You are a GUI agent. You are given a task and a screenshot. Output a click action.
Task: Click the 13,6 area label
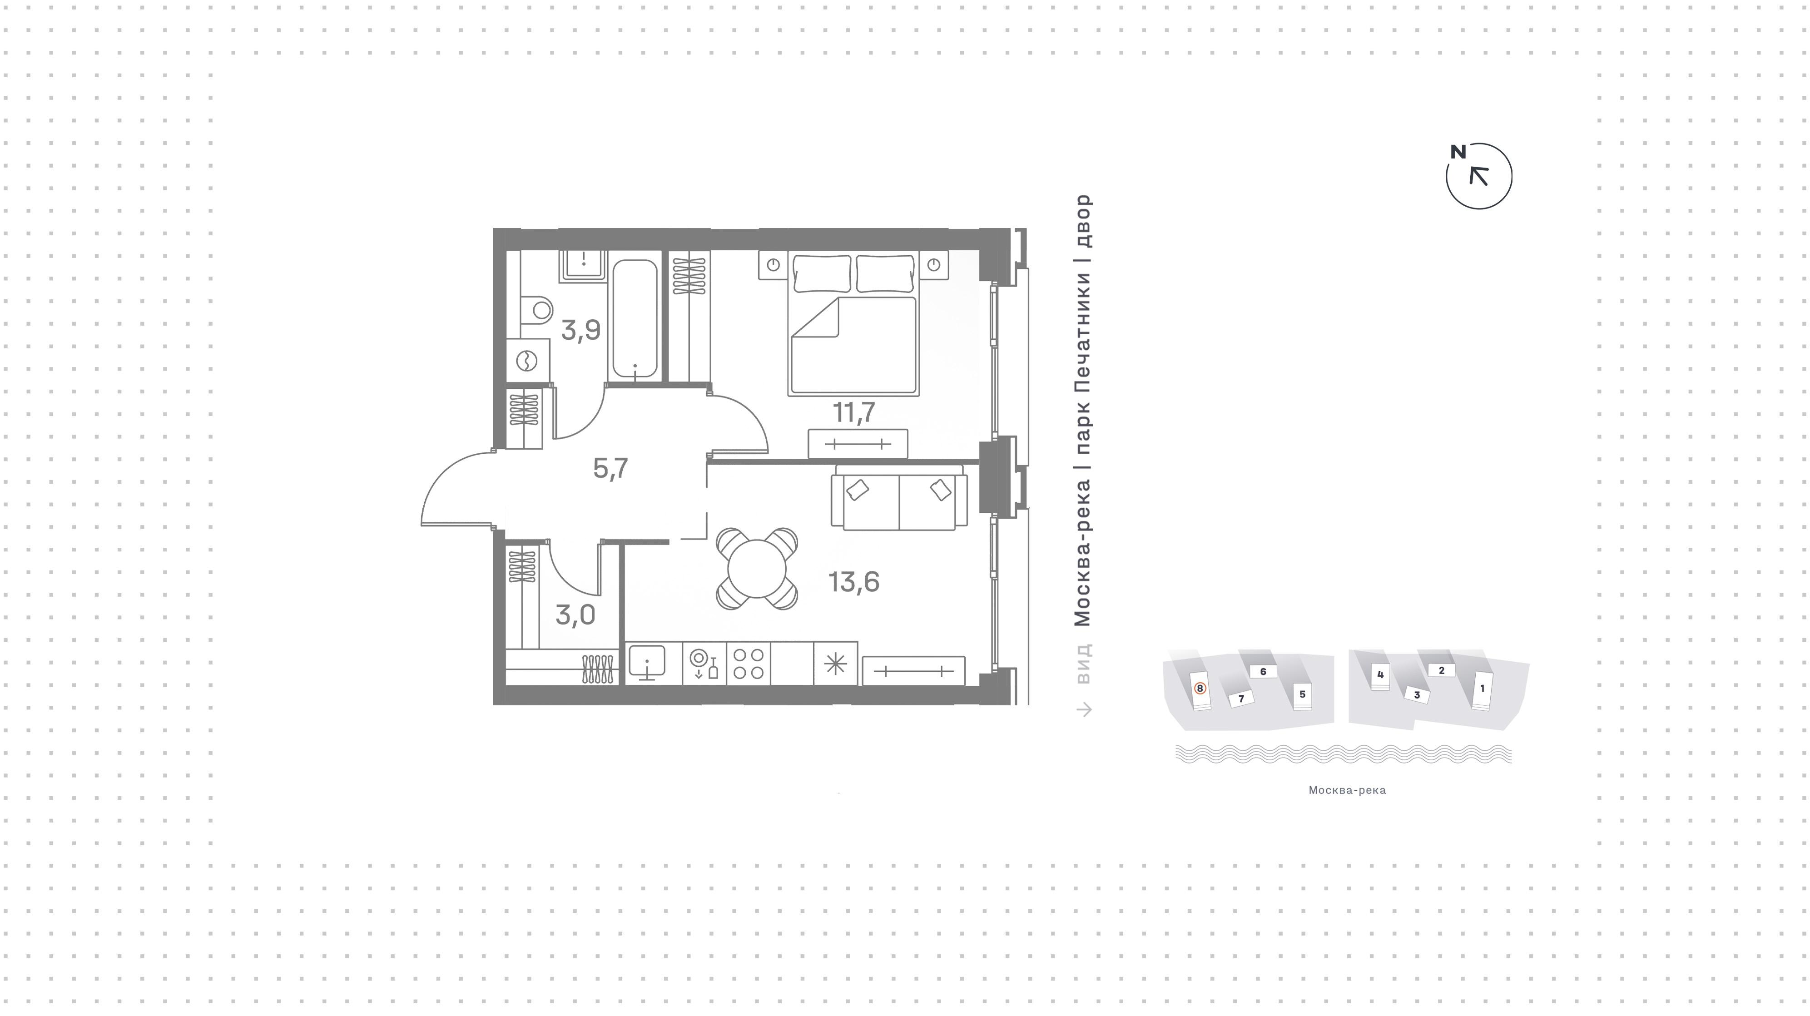pos(854,582)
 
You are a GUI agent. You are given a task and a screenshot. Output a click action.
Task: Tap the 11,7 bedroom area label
pos(854,412)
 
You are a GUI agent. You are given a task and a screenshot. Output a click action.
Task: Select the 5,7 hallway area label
pos(610,468)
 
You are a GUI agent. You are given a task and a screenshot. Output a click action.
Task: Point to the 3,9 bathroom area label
pos(580,330)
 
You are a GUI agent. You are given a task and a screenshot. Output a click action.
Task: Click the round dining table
pos(757,569)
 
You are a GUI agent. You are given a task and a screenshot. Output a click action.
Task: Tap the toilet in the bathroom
pos(536,309)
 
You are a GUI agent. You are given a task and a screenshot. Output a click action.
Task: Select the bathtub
pos(635,319)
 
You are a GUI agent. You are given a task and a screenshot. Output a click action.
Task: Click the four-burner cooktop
pos(749,663)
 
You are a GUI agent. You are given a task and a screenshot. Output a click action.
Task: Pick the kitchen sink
pos(646,663)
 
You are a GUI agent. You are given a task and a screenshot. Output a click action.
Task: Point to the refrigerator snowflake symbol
pos(835,663)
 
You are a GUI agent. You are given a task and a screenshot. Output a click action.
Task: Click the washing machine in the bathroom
pos(527,361)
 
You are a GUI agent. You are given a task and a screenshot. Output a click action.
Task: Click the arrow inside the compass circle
pos(1479,176)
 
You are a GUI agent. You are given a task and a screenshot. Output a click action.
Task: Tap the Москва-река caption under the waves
pos(1347,790)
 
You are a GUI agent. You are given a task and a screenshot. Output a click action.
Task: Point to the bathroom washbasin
pos(583,265)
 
